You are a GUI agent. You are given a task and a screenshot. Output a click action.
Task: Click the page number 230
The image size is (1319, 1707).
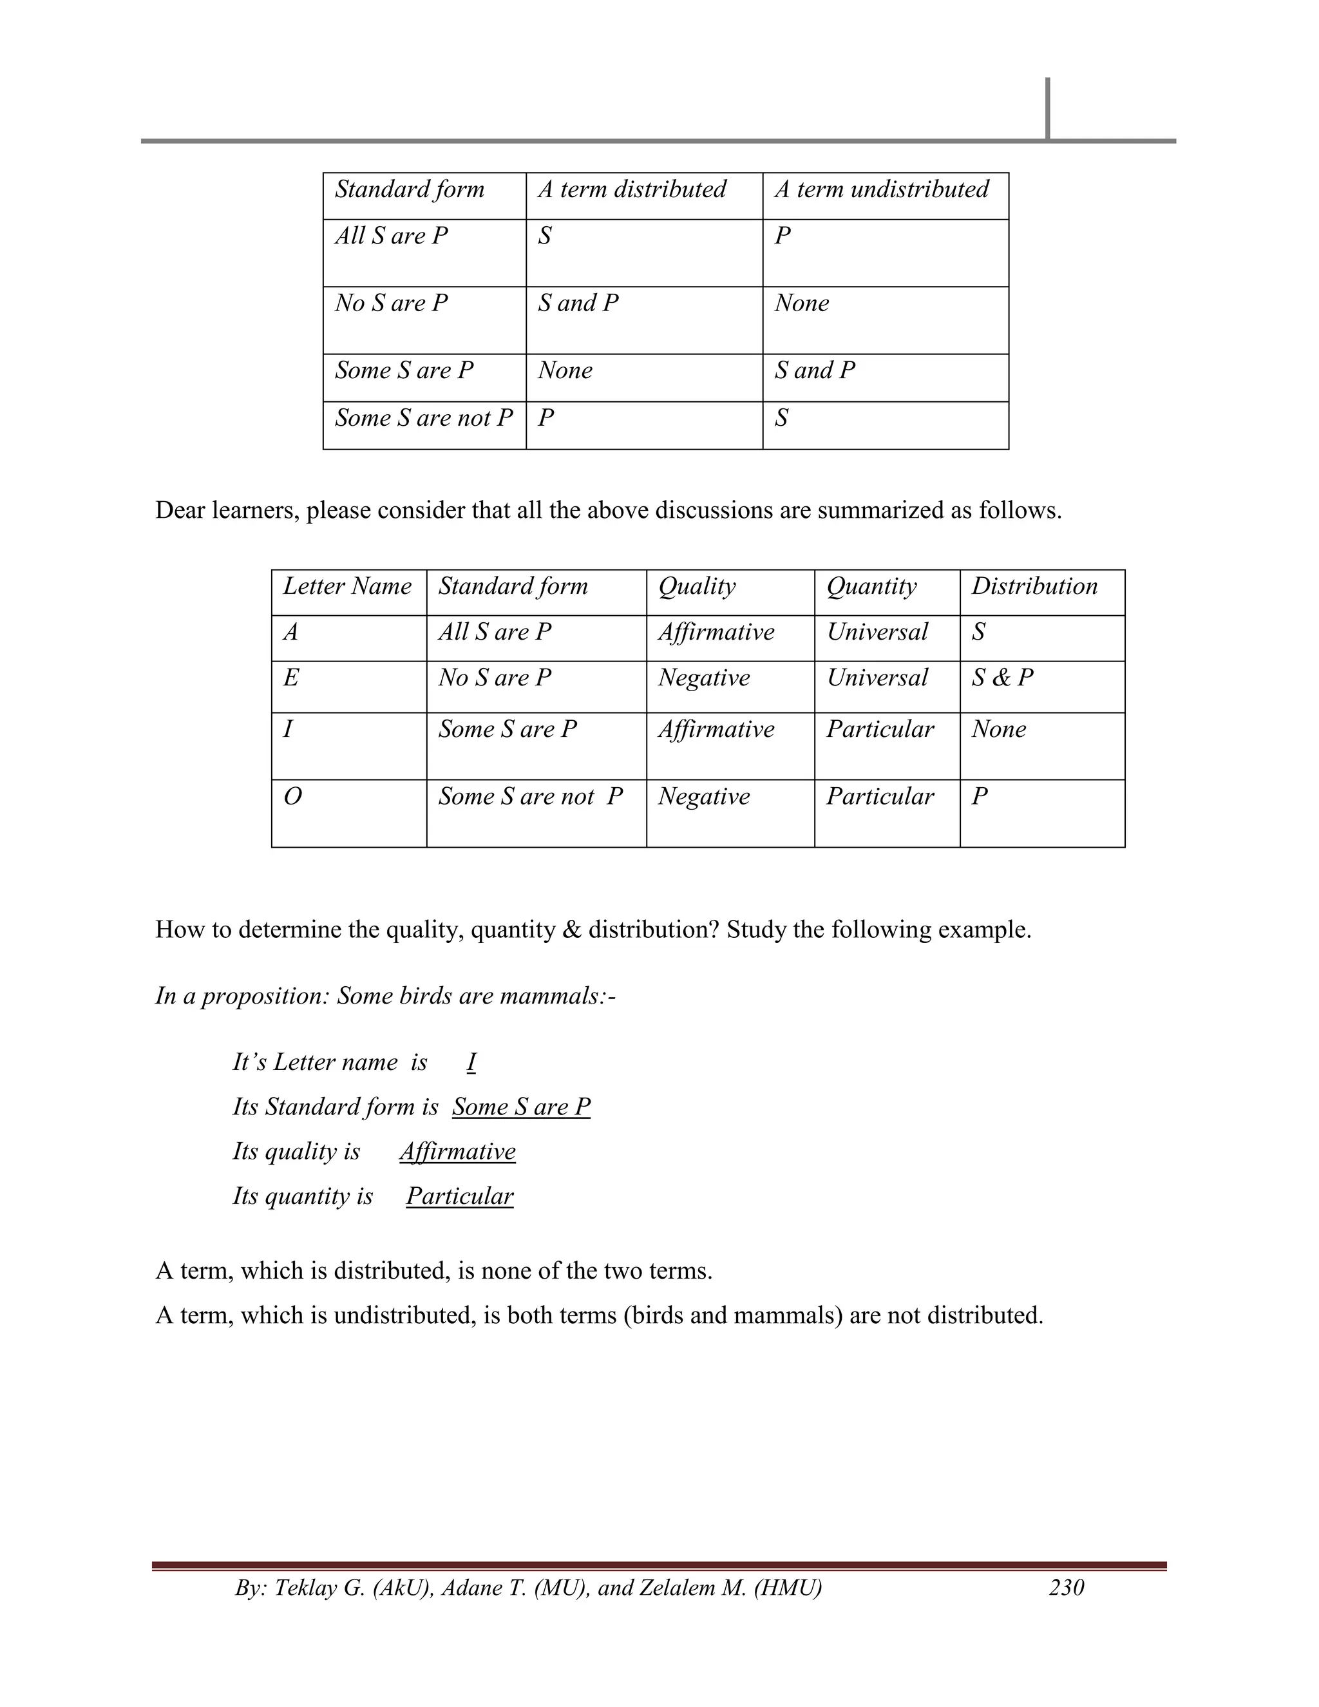point(1066,1587)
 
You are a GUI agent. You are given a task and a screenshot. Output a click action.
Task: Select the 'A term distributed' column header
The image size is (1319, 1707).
point(631,189)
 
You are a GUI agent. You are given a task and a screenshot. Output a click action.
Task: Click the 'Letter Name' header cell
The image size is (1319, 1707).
point(347,586)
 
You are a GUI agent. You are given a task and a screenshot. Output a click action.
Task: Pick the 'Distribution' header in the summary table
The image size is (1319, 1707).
point(1034,586)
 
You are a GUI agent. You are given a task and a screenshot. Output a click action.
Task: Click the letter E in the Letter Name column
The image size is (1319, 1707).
point(290,678)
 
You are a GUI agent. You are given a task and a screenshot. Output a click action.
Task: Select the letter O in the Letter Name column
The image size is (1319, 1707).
point(292,796)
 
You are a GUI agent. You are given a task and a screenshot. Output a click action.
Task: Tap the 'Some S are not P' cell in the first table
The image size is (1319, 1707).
point(424,418)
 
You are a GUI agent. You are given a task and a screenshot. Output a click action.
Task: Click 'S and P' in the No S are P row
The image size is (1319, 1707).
point(578,303)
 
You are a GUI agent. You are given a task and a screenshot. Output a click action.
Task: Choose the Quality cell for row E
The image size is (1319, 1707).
point(703,678)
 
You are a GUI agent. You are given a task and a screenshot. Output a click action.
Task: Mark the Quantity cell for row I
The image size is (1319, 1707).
point(880,729)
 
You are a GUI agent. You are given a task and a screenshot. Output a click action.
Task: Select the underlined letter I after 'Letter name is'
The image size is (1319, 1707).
point(471,1062)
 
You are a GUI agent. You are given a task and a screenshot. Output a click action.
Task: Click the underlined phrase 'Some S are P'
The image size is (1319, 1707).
point(521,1107)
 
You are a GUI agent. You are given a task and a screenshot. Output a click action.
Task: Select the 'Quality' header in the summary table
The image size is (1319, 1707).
point(696,586)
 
